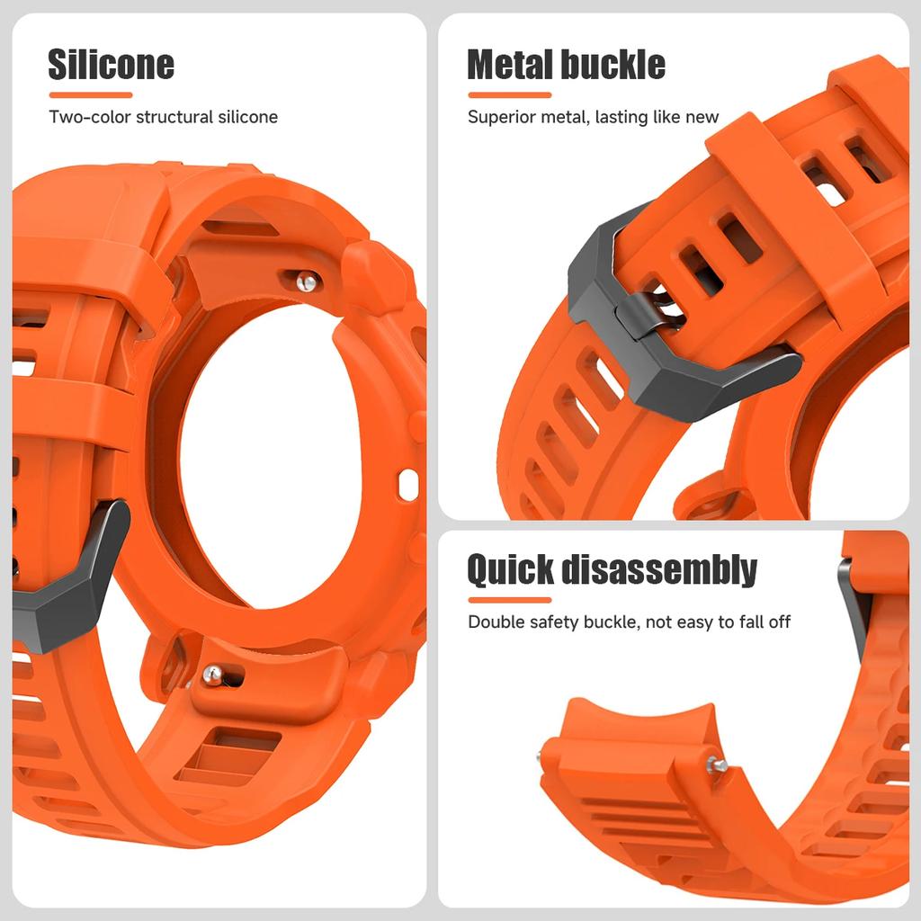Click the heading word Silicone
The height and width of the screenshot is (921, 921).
pos(111,65)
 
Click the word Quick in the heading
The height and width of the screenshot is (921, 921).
pos(509,570)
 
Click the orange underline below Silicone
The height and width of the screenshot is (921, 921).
pos(91,94)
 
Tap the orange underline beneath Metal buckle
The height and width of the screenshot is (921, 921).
pos(509,94)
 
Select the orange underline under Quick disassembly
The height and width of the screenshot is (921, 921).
pos(509,600)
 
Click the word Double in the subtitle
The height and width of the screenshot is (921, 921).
pos(495,622)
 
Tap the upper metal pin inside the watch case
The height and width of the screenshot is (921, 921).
pos(308,282)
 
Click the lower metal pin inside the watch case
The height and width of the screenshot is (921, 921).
pos(212,673)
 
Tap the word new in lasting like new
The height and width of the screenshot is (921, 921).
pos(702,117)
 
